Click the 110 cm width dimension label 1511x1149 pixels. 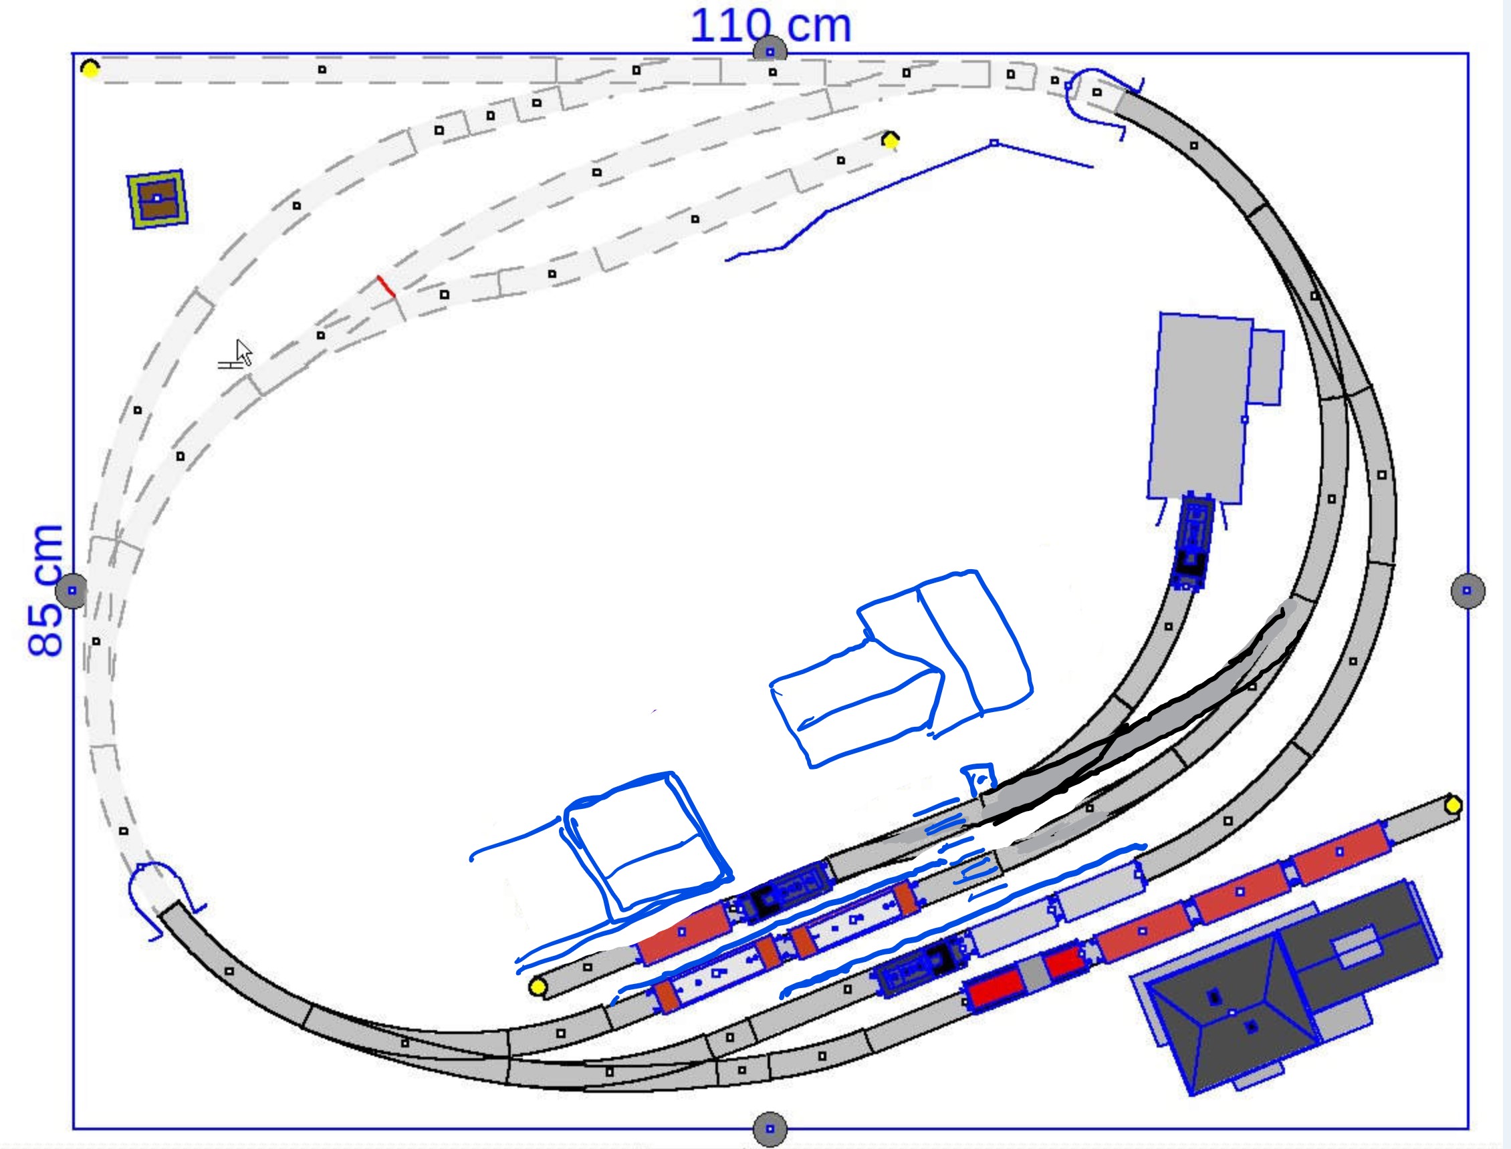pyautogui.click(x=771, y=26)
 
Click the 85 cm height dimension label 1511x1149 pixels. pyautogui.click(x=45, y=591)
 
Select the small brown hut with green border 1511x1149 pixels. pyautogui.click(x=157, y=199)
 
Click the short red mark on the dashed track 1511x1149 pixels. pyautogui.click(x=386, y=287)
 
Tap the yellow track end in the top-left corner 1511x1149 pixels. pyautogui.click(x=90, y=68)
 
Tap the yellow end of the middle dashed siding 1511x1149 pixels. pyautogui.click(x=891, y=140)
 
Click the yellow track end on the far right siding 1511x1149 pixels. pyautogui.click(x=1454, y=806)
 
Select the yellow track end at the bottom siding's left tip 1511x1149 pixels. pyautogui.click(x=538, y=987)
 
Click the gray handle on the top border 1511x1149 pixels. pyautogui.click(x=770, y=51)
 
